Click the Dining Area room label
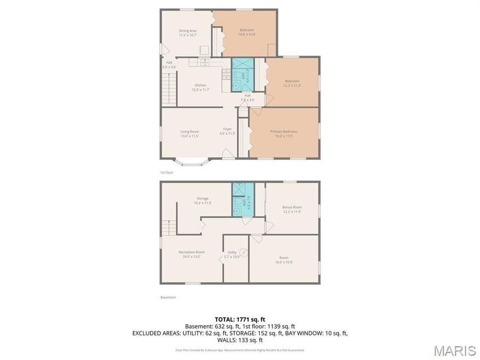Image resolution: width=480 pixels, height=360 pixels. tap(188, 33)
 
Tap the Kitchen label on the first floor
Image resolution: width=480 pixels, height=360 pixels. tap(201, 87)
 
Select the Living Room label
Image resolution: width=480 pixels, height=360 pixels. tap(189, 133)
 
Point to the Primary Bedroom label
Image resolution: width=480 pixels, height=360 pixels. tap(284, 133)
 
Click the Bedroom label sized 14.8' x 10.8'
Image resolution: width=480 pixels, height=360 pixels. tap(246, 32)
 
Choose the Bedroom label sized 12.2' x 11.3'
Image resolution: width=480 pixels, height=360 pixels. tap(292, 83)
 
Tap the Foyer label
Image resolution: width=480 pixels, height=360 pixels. tap(227, 131)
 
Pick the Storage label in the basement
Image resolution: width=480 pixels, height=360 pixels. tap(203, 201)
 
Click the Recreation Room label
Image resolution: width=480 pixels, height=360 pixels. tap(191, 254)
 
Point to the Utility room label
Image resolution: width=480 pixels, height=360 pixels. tap(232, 254)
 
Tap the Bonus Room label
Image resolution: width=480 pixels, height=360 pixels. tap(292, 209)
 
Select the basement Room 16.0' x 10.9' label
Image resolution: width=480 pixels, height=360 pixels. tap(284, 260)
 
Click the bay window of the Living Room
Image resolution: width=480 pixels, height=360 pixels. tap(193, 162)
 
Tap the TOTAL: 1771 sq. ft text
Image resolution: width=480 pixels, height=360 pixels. tap(239, 318)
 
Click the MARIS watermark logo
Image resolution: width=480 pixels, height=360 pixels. tap(454, 350)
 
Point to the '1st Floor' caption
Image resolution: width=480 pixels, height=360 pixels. tap(167, 172)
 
